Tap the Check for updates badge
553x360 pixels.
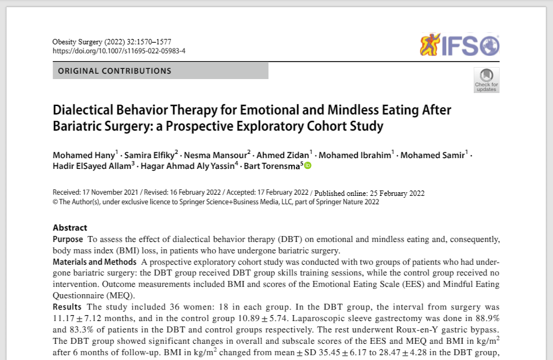[x=486, y=80]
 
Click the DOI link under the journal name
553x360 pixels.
[x=119, y=51]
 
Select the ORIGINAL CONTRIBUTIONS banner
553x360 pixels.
[x=161, y=71]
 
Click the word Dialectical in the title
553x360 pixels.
[x=86, y=110]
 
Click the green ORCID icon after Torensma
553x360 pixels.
[x=308, y=165]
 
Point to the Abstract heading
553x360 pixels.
[x=70, y=228]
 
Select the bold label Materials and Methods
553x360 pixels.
[x=94, y=262]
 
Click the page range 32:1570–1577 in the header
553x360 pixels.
[x=147, y=41]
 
